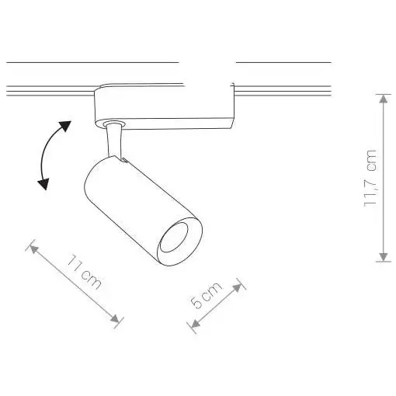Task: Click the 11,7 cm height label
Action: (x=371, y=177)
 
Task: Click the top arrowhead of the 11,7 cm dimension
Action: (x=382, y=98)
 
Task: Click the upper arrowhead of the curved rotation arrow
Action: (x=66, y=125)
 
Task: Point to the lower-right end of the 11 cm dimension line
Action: (x=117, y=319)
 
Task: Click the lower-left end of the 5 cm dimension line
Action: (x=193, y=328)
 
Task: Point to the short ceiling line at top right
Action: (x=283, y=61)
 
